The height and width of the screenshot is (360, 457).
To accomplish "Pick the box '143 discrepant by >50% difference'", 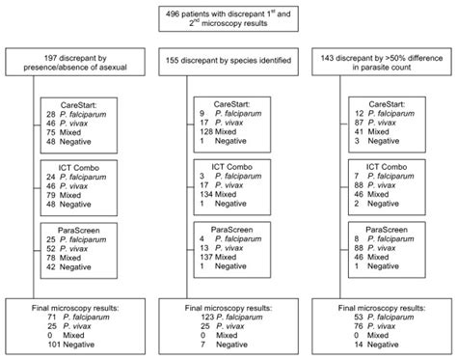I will [x=380, y=64].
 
